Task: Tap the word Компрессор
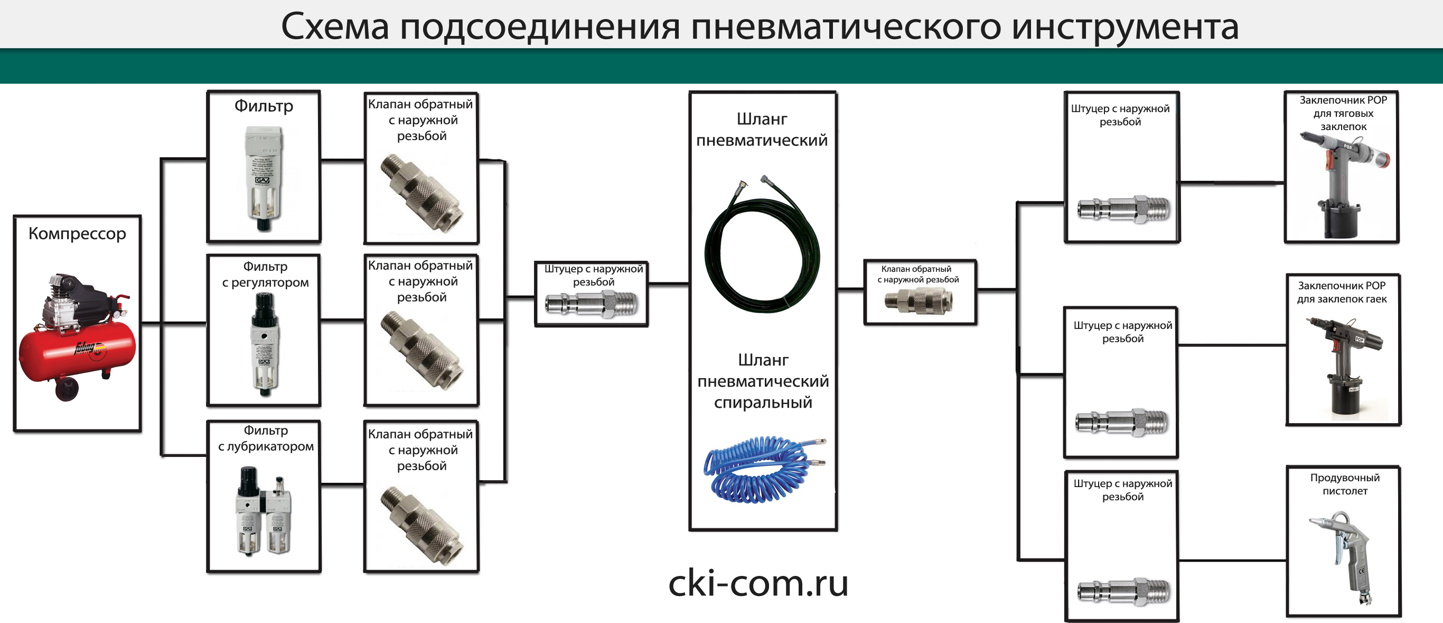(77, 234)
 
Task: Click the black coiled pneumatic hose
(762, 247)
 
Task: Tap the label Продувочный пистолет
(1344, 484)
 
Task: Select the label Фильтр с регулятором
(265, 274)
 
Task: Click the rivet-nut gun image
(1344, 364)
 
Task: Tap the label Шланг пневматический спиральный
(763, 381)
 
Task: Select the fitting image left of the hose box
(592, 305)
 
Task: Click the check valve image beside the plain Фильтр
(421, 194)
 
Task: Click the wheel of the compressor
(67, 389)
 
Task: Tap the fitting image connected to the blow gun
(1123, 592)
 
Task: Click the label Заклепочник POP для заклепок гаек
(1342, 292)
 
